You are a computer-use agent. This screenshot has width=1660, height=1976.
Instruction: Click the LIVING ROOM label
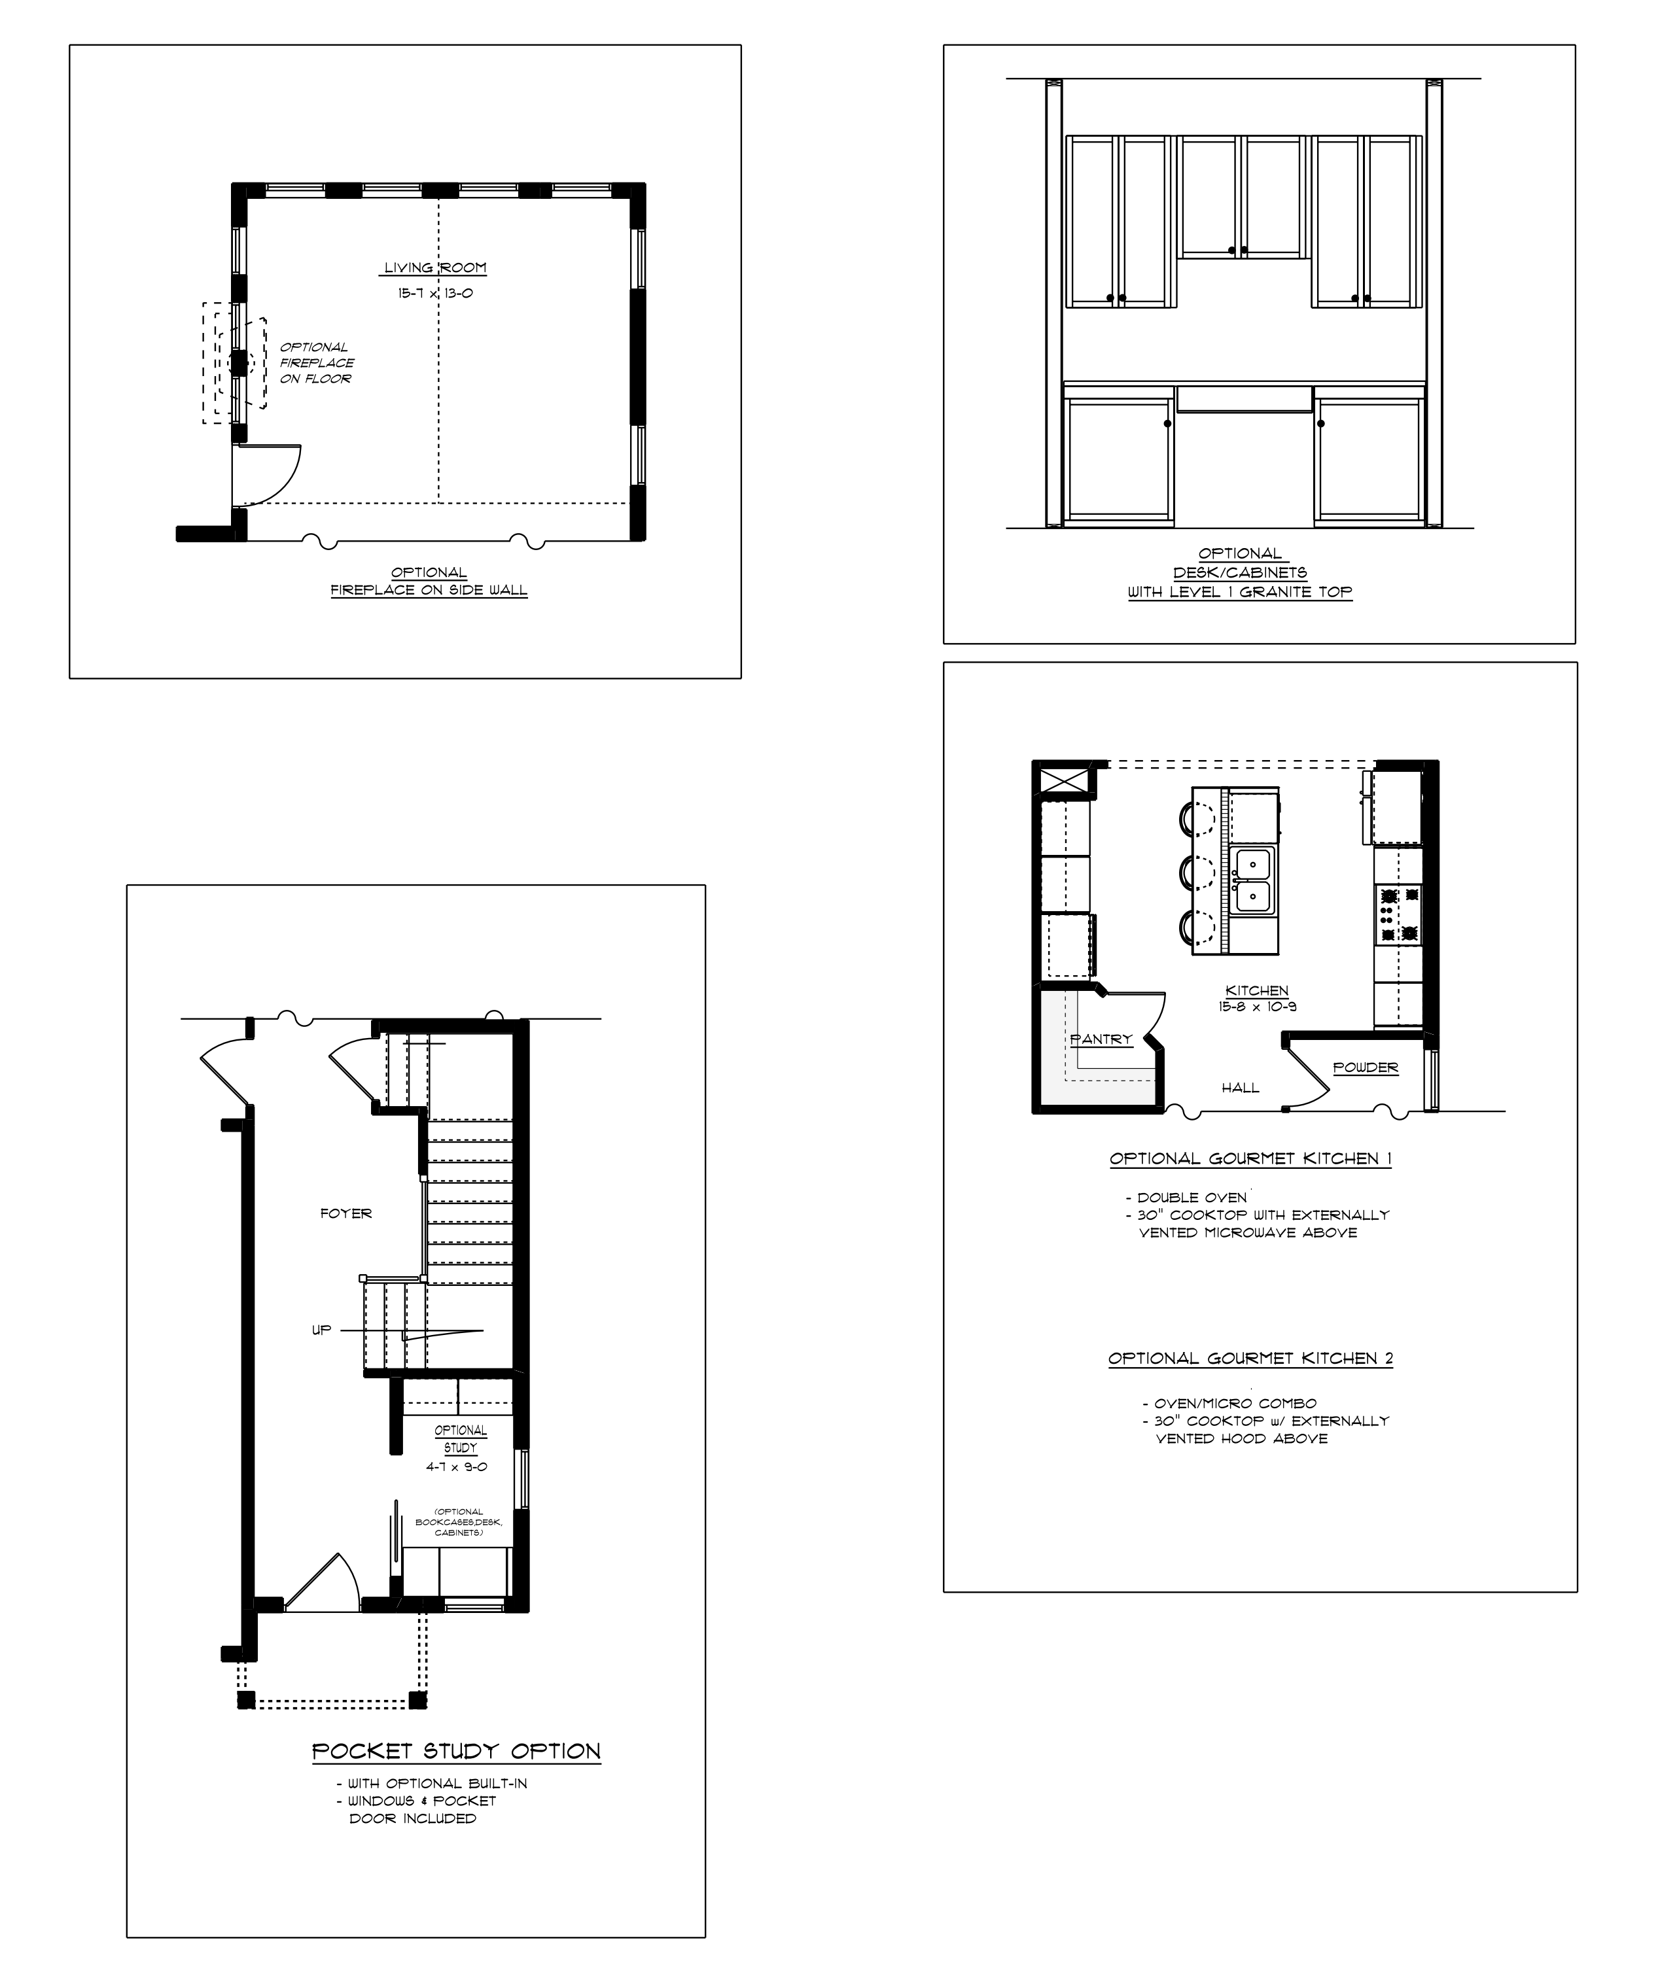click(x=434, y=268)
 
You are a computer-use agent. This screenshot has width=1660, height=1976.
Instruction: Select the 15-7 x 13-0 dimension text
click(x=434, y=294)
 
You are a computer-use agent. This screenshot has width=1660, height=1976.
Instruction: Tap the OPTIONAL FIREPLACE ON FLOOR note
click(x=317, y=363)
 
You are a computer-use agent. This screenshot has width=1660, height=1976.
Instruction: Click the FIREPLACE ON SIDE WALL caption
click(x=429, y=591)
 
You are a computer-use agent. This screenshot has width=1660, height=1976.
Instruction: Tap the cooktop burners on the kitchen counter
click(x=1398, y=914)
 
